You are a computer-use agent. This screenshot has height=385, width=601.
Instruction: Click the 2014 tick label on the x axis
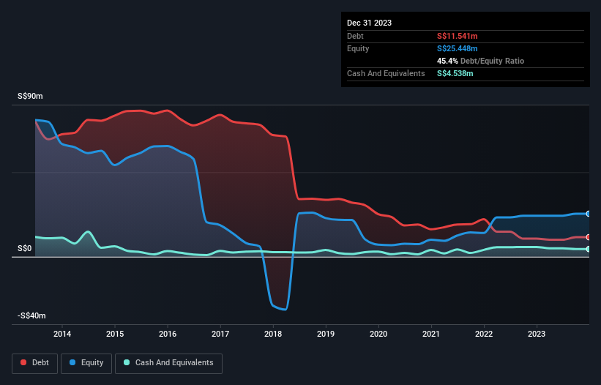[62, 334]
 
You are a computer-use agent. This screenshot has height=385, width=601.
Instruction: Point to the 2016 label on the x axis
[168, 334]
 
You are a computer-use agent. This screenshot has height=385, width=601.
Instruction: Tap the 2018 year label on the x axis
[273, 334]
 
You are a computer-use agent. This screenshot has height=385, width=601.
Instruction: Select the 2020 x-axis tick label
[378, 334]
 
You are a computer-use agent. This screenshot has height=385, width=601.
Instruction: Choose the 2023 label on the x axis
[537, 334]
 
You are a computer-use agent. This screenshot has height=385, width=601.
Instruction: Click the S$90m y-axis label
[30, 97]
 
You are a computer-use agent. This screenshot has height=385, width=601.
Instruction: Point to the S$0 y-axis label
[26, 249]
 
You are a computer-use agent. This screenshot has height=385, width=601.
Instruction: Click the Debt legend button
[34, 362]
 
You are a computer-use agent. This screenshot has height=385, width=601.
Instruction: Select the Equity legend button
[86, 362]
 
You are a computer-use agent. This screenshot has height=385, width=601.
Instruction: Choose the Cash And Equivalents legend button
[168, 362]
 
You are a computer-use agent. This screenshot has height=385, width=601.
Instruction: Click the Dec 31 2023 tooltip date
[369, 23]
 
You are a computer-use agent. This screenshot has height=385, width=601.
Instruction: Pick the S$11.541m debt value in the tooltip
[458, 36]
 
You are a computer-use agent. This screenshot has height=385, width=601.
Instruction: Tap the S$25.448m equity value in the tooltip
[458, 48]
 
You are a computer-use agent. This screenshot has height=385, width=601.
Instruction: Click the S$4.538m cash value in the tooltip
[455, 73]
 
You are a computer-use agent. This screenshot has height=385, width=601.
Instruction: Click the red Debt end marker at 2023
[589, 237]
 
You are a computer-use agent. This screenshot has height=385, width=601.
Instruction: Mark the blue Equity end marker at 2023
[589, 214]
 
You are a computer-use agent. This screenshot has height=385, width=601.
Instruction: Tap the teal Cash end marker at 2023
[589, 249]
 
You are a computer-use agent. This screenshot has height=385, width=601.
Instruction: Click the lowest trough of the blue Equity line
[283, 310]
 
